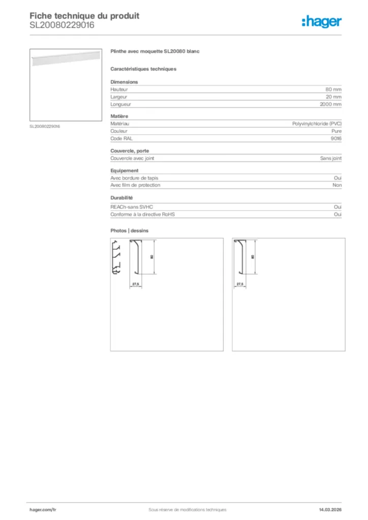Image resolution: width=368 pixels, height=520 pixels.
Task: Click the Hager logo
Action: point(322,21)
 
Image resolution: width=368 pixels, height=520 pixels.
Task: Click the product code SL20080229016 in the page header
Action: point(62,25)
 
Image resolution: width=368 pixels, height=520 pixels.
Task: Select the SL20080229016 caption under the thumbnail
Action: point(45,126)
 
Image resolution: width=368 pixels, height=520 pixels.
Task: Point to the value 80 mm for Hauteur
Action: point(333,89)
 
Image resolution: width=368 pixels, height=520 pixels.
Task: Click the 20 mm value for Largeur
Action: point(333,96)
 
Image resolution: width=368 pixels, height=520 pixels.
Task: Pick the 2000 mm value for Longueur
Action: point(331,104)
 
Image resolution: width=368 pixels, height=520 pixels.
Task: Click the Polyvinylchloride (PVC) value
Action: point(317,123)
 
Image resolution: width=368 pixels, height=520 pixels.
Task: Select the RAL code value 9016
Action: point(336,138)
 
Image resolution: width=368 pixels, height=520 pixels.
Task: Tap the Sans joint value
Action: point(330,158)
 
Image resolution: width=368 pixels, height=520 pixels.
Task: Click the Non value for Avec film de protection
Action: point(336,185)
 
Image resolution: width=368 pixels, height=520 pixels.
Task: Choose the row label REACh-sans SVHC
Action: point(132,207)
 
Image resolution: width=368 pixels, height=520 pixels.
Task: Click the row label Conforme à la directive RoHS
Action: point(142,214)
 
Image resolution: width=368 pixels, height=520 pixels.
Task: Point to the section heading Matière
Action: point(120,116)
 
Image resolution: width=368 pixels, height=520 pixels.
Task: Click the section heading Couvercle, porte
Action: point(129,151)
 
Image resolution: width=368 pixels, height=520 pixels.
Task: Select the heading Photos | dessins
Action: point(130,231)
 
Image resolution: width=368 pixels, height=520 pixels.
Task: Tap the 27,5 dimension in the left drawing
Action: point(136,284)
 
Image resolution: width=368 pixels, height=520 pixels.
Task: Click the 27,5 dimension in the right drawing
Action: point(240,284)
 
